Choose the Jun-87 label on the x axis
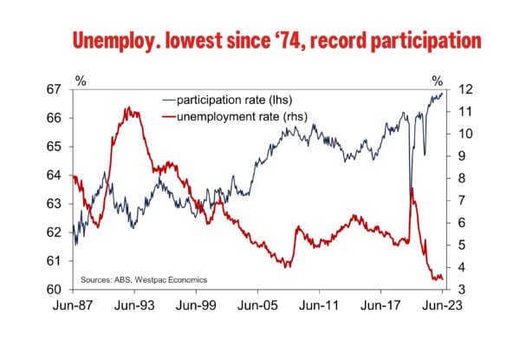[72, 305]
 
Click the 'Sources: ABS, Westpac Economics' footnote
[144, 280]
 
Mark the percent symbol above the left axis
[81, 81]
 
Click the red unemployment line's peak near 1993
[128, 108]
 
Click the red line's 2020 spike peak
[412, 188]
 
